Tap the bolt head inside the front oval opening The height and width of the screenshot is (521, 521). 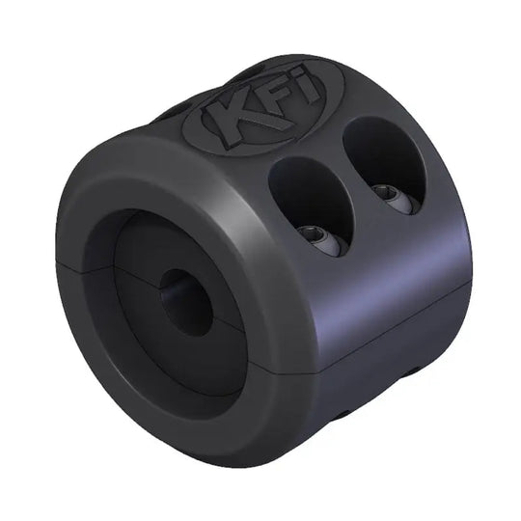[x=322, y=240]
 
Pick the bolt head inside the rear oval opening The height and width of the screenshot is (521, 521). [x=394, y=197]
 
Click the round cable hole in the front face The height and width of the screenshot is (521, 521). [x=185, y=301]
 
